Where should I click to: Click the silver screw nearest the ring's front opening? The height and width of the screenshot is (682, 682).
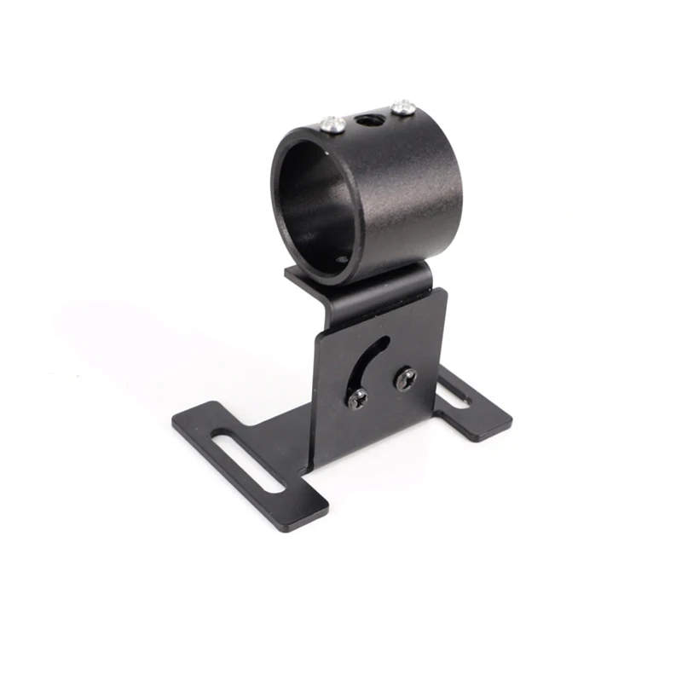(333, 124)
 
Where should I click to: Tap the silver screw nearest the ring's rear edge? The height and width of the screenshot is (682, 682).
(402, 107)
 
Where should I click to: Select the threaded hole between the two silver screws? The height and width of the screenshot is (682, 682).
(369, 116)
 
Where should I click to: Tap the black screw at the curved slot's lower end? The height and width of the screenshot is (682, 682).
(358, 396)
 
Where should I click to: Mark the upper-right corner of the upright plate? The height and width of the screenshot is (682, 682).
(444, 291)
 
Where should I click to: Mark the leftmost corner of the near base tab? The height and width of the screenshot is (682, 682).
(173, 420)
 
